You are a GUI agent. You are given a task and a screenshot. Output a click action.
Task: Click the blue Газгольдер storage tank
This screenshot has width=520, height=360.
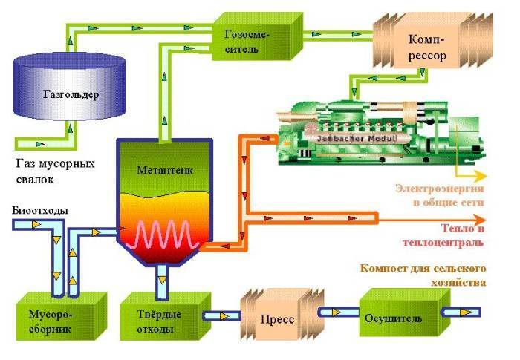pyautogui.click(x=70, y=94)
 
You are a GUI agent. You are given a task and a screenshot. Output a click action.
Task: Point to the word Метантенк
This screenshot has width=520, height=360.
pyautogui.click(x=164, y=170)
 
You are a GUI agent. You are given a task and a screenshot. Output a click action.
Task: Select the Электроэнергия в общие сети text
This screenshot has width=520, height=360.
pyautogui.click(x=439, y=194)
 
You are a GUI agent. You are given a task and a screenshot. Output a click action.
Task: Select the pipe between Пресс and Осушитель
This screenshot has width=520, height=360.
pyautogui.click(x=338, y=312)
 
